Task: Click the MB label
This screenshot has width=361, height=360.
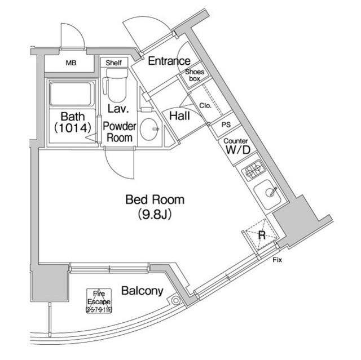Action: (x=71, y=64)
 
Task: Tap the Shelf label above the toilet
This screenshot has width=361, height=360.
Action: (x=113, y=63)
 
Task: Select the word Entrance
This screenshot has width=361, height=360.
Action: (x=169, y=61)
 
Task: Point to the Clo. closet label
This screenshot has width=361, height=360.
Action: (x=204, y=105)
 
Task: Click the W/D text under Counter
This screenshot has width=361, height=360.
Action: (x=236, y=150)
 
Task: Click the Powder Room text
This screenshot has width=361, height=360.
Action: (x=119, y=131)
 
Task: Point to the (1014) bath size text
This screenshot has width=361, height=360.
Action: (x=72, y=128)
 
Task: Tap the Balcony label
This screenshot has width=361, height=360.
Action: (x=142, y=291)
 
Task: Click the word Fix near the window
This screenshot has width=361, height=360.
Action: (x=277, y=260)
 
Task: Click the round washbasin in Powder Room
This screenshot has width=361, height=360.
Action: (x=150, y=131)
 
